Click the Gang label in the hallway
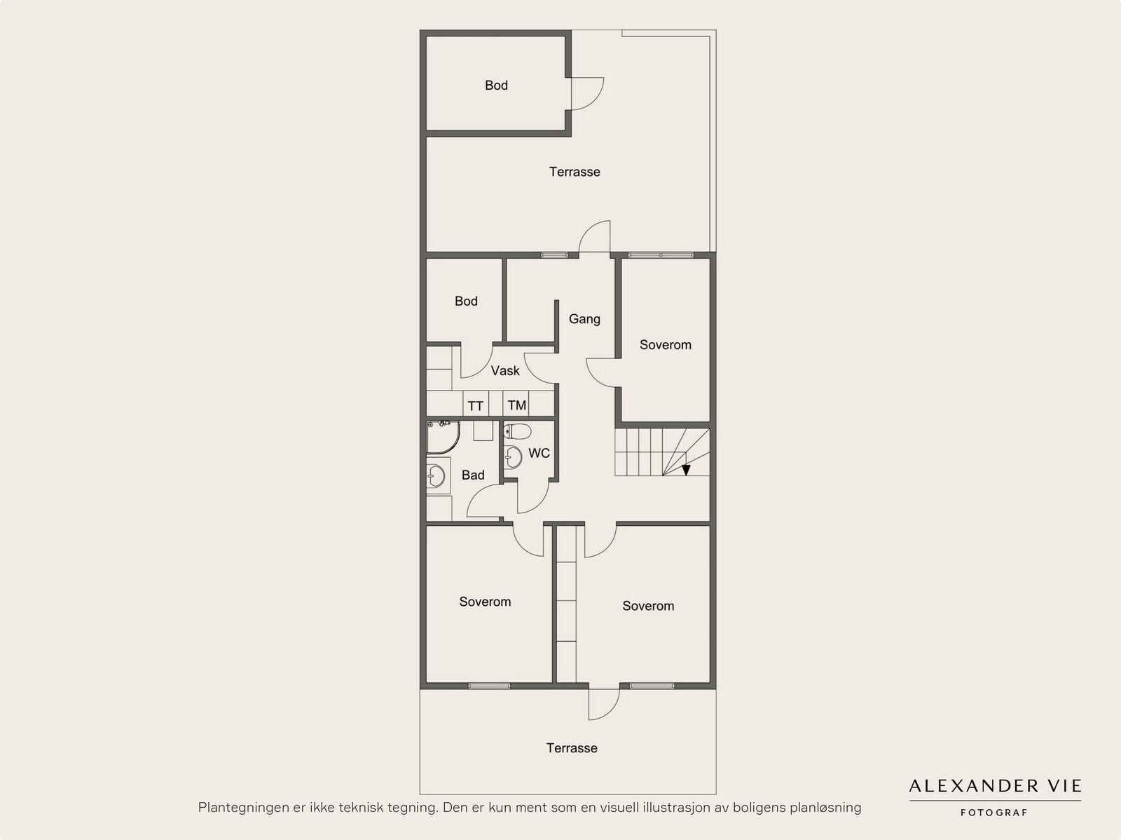tap(584, 319)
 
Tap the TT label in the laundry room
tap(476, 406)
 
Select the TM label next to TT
tap(517, 406)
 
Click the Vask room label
tap(505, 371)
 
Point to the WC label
tap(539, 453)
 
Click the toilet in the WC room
tap(517, 432)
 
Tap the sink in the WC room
tap(513, 457)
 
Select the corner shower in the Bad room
tap(443, 438)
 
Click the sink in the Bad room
tap(436, 476)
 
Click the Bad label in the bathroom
tap(473, 475)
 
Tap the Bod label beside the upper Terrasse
tap(497, 86)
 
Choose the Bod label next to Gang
tap(467, 302)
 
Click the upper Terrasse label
tap(575, 172)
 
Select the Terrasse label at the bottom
tap(572, 748)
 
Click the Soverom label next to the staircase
tap(666, 345)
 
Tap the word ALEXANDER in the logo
tap(974, 786)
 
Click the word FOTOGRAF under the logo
tap(993, 813)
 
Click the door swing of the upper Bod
tap(594, 101)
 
